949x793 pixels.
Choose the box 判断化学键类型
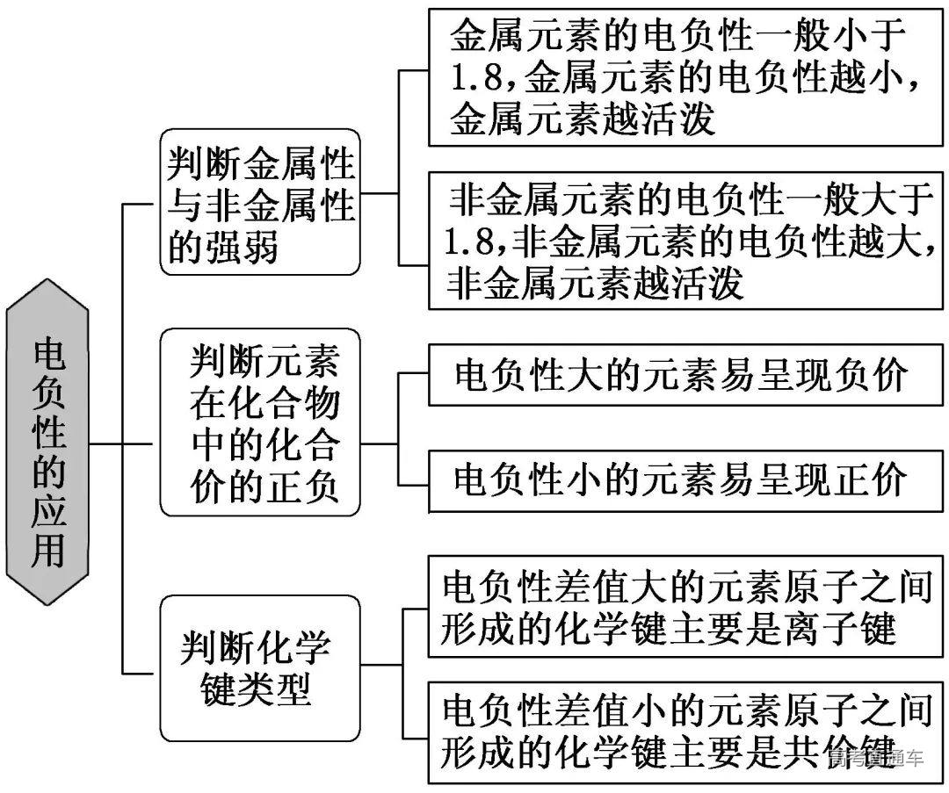[x=261, y=668]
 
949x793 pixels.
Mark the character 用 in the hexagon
[x=48, y=551]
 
